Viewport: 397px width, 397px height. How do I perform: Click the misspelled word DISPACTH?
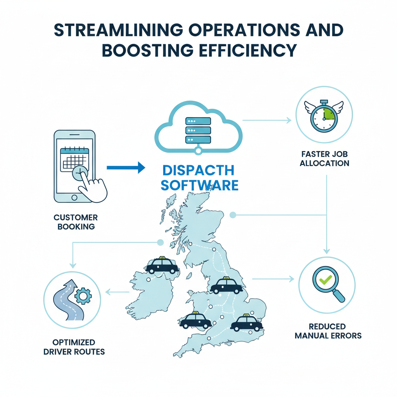(x=198, y=170)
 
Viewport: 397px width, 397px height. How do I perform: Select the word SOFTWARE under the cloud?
(x=199, y=185)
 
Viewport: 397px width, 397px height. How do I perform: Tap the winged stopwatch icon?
(x=324, y=115)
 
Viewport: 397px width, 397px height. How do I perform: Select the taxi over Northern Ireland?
(x=162, y=266)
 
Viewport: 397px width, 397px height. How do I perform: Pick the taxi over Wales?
(x=196, y=320)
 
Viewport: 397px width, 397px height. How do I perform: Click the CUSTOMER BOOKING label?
(x=76, y=222)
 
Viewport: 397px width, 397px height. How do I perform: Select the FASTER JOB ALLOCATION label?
(x=325, y=158)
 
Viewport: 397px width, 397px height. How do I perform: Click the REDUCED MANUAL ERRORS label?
(x=328, y=331)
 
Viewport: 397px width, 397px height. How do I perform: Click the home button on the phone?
(x=74, y=198)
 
